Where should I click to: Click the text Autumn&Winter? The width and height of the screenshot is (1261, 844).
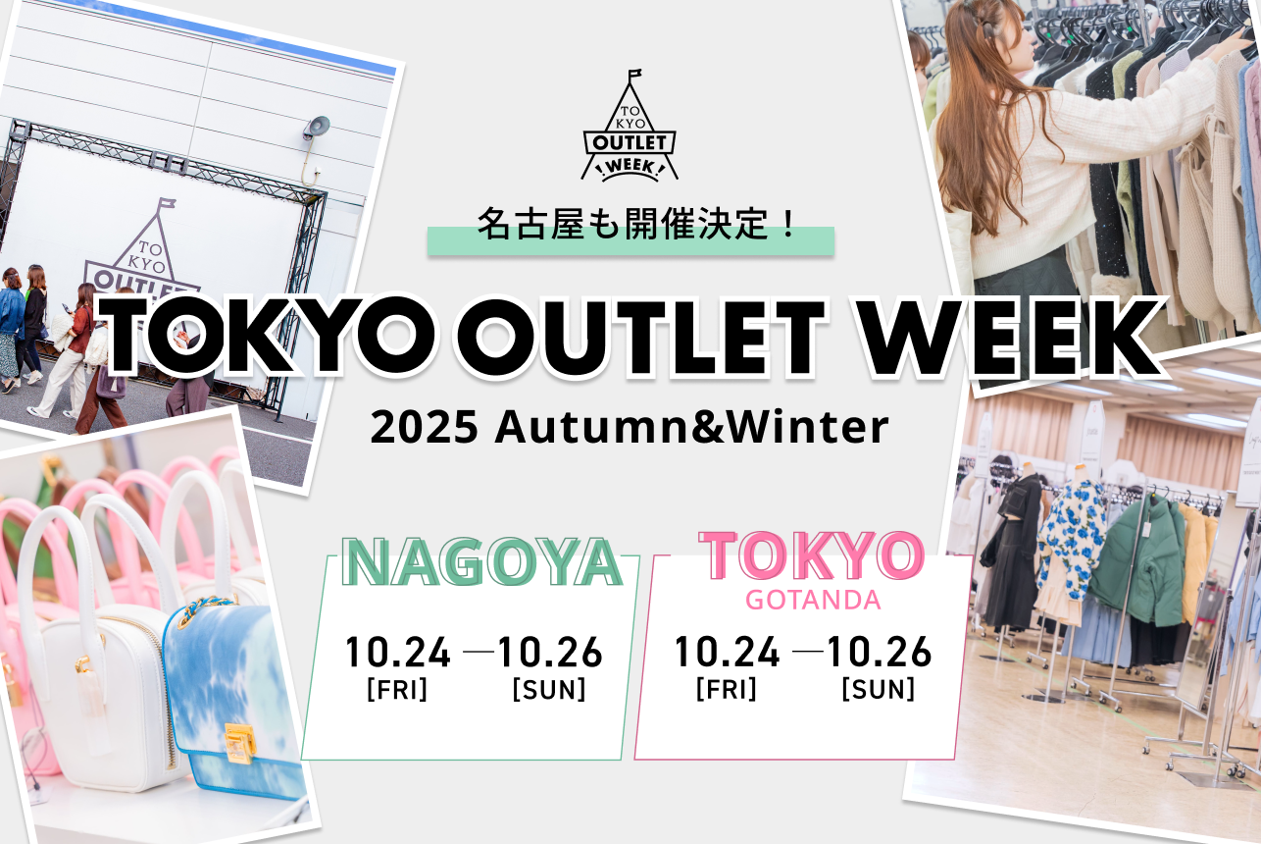tap(691, 429)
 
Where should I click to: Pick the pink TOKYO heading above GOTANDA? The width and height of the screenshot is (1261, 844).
tap(812, 554)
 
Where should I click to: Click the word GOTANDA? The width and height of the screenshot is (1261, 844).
tap(813, 600)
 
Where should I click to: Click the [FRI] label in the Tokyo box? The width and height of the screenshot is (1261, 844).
tap(726, 689)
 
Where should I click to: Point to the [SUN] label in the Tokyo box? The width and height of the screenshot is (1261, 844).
tap(878, 689)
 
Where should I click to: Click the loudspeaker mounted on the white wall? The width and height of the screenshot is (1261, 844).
tap(316, 128)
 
